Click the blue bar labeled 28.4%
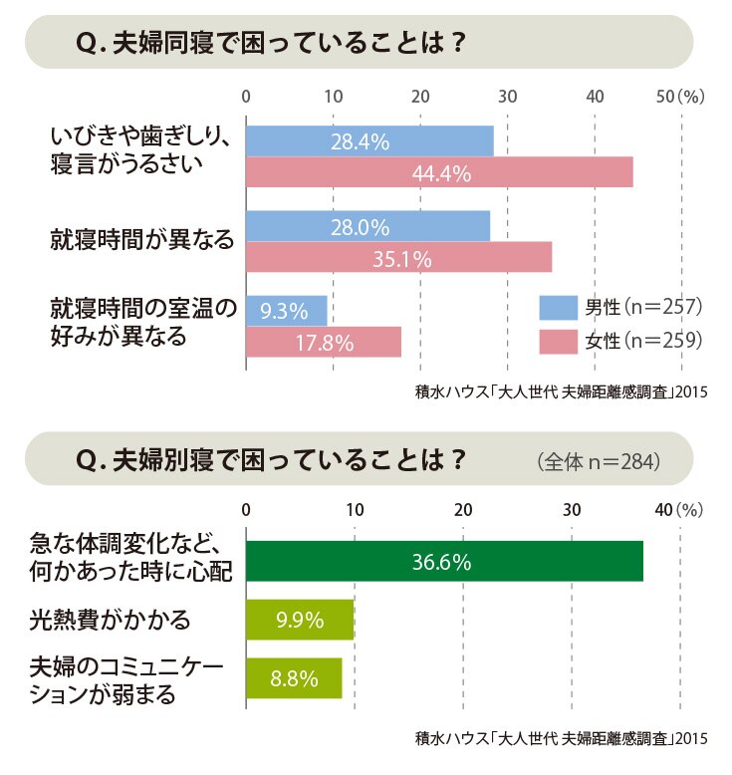369,140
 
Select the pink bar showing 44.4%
439,172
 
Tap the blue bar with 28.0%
368,226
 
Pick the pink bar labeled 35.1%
399,257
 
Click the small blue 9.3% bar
287,311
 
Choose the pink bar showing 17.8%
324,342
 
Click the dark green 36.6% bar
445,561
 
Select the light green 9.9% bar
300,620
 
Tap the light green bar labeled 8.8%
294,678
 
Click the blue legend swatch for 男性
559,308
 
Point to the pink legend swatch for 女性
559,342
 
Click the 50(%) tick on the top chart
680,97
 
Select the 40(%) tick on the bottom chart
678,510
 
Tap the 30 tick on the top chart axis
508,97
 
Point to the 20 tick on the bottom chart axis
463,510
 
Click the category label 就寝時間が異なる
141,239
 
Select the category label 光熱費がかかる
110,620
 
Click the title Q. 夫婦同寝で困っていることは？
271,43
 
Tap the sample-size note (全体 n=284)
599,461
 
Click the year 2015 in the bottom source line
691,738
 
